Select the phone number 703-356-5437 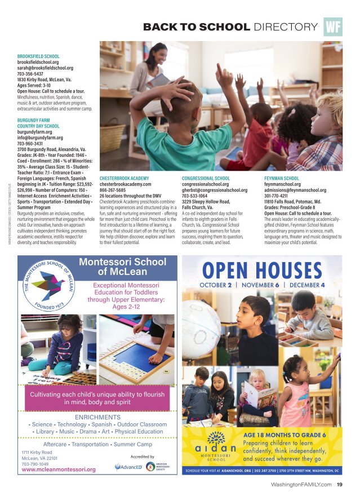point(33,74)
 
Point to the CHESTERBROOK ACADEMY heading point(125,178)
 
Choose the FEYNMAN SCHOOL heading point(282,178)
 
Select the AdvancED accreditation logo point(128,467)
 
